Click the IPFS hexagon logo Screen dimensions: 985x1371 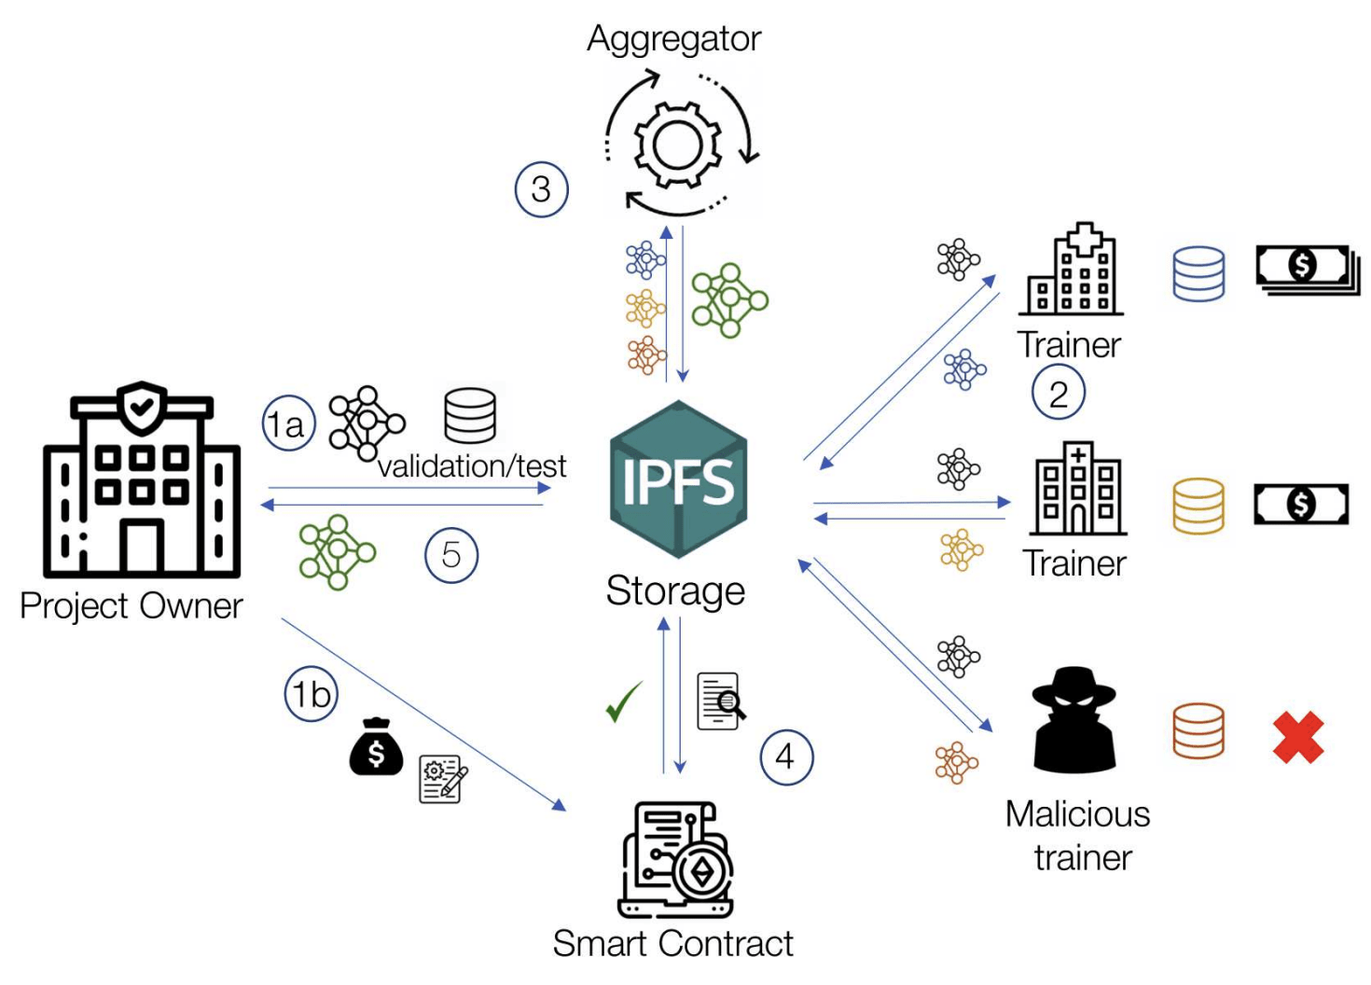[x=678, y=479]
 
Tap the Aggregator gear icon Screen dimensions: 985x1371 [x=678, y=145]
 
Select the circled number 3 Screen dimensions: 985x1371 [x=541, y=189]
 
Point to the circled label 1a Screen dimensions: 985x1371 [x=288, y=424]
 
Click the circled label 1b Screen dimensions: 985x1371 [x=311, y=695]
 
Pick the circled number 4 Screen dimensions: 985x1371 [x=786, y=756]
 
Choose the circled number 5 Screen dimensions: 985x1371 [x=451, y=555]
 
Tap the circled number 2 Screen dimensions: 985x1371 [x=1058, y=393]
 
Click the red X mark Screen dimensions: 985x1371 [x=1298, y=737]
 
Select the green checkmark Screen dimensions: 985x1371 [x=623, y=701]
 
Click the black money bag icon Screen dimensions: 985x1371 [x=376, y=746]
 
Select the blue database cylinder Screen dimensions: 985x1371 [x=1198, y=273]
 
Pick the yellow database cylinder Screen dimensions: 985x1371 [x=1198, y=506]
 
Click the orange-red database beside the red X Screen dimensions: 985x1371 [x=1198, y=730]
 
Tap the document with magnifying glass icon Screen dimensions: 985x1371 [x=721, y=701]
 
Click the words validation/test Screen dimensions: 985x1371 [x=472, y=466]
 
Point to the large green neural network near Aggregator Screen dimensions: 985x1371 [x=729, y=299]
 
